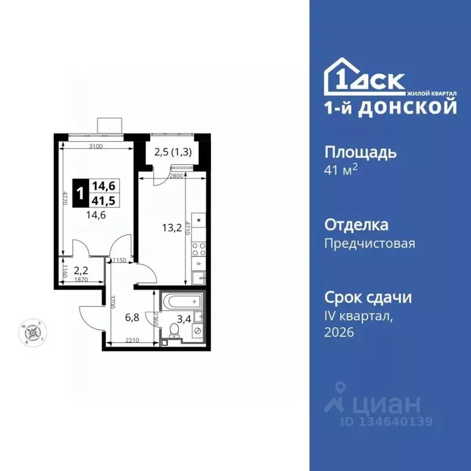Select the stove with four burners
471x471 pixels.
(x=199, y=248)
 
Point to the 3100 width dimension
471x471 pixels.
(x=96, y=146)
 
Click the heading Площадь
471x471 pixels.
(x=359, y=152)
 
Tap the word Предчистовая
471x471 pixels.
(x=369, y=243)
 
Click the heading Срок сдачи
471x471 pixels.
(x=367, y=298)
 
